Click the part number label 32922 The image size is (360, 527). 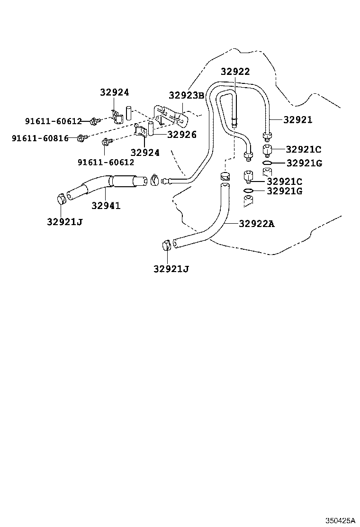tap(235, 72)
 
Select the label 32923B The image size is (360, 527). tap(187, 95)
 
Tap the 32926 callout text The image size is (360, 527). tap(181, 135)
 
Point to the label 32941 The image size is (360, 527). tap(106, 206)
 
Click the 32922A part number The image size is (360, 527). tap(256, 224)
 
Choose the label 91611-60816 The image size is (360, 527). tap(40, 138)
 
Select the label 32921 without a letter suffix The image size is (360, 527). tap(298, 120)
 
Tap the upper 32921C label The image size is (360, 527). tap(304, 149)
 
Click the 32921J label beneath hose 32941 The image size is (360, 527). tap(65, 221)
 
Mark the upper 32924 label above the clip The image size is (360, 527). tap(114, 92)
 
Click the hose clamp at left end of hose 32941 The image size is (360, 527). tap(62, 199)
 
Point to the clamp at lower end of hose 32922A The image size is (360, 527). tap(166, 246)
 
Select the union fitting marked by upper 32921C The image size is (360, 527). tap(268, 151)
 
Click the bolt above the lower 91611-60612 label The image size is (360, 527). tap(106, 141)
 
